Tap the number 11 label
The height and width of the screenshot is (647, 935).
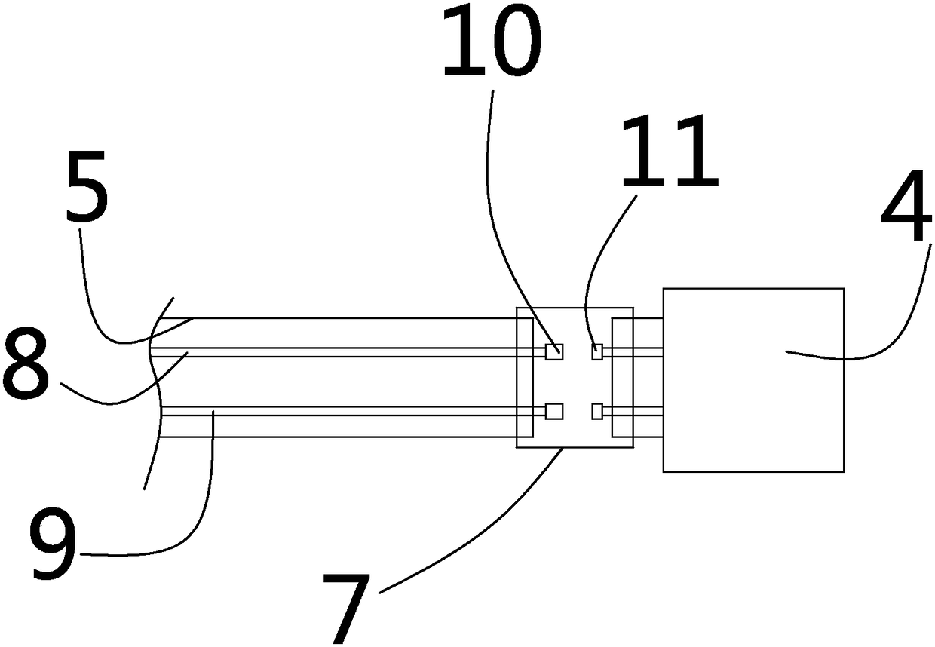click(x=668, y=154)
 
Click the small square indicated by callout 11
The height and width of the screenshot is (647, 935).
click(x=597, y=351)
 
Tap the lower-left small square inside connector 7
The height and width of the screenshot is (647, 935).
click(x=554, y=411)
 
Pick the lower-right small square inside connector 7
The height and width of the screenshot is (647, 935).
click(x=597, y=411)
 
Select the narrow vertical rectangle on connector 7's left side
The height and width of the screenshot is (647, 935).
click(x=525, y=377)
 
